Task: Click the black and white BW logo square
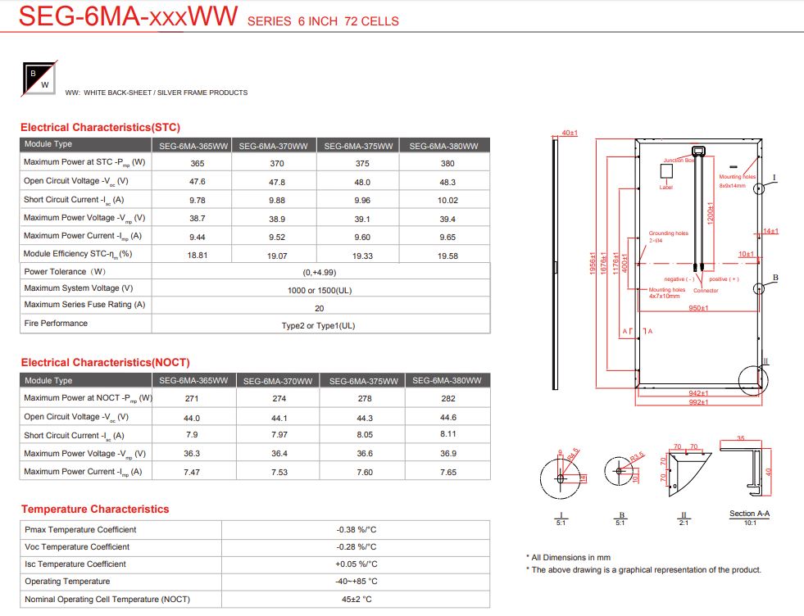click(39, 76)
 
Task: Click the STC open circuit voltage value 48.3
click(447, 182)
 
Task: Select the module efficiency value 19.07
click(275, 256)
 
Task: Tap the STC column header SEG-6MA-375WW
click(358, 146)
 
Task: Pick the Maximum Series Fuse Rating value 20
click(320, 308)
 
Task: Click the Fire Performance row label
click(56, 324)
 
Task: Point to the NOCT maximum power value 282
click(447, 399)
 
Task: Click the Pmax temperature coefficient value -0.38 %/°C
click(357, 530)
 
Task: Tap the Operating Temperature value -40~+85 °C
click(357, 582)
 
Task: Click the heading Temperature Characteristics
click(95, 510)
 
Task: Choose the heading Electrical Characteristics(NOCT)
click(105, 362)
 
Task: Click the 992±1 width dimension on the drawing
click(697, 403)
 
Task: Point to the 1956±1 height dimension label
click(593, 263)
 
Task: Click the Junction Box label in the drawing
click(679, 161)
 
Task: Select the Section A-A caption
click(749, 514)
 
